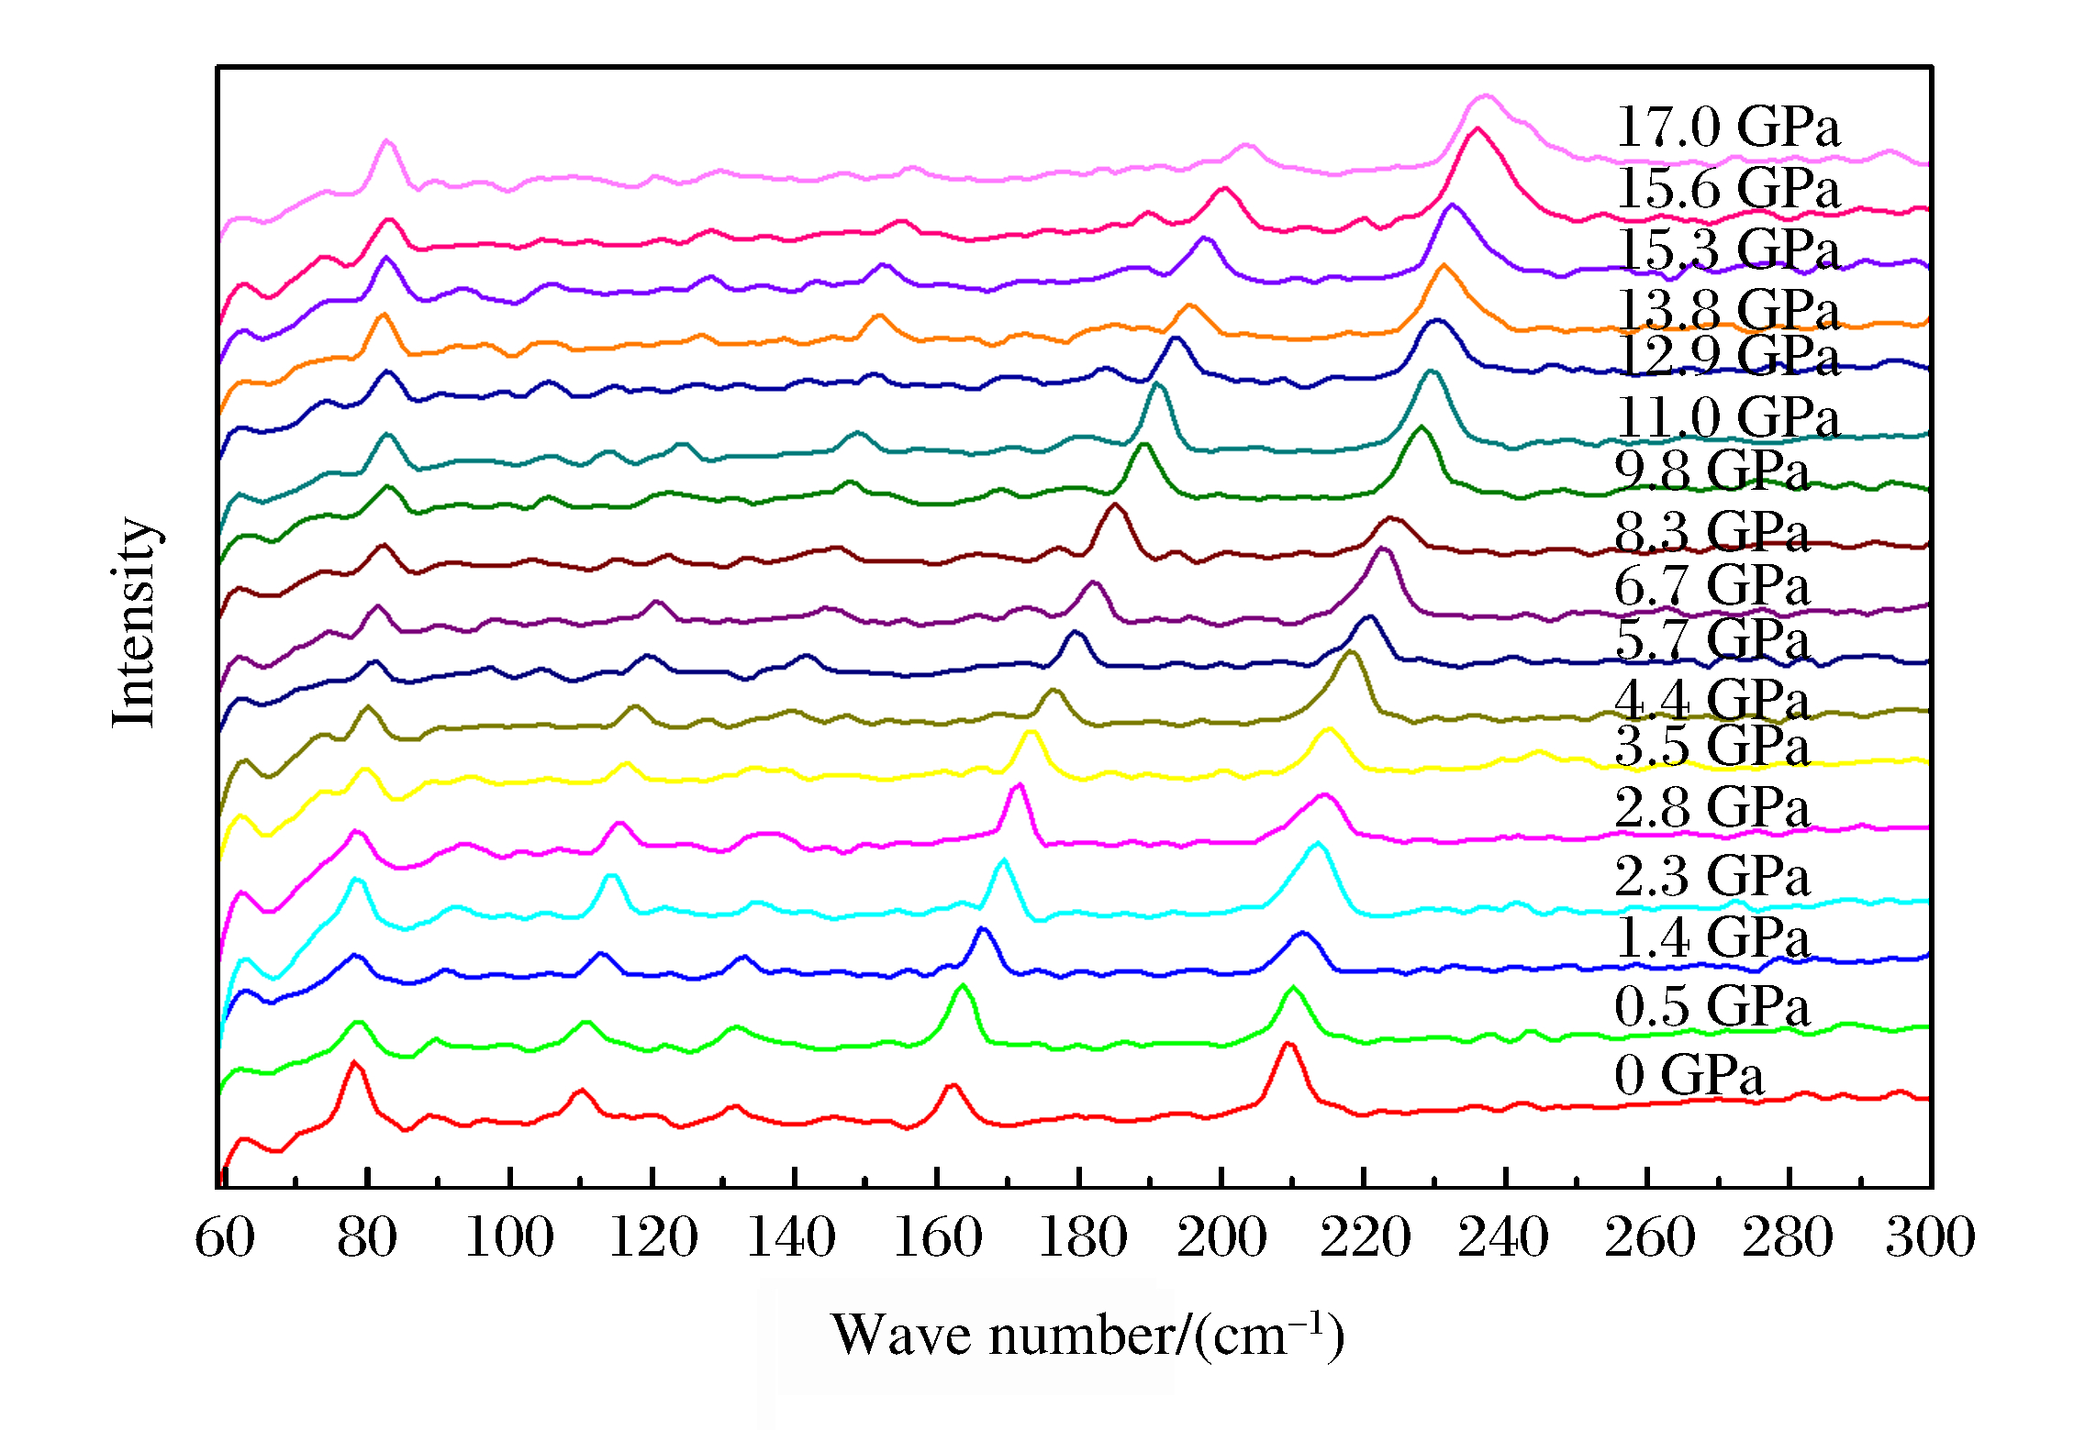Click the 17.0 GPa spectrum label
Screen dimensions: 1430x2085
point(1727,127)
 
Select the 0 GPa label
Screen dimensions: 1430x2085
point(1689,1075)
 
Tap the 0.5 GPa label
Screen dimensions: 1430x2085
point(1711,1006)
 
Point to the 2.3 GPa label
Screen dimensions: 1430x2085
point(1711,875)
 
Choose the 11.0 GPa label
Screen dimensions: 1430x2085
point(1727,417)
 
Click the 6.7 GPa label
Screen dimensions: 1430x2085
point(1711,585)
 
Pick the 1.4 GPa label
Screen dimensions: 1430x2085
point(1711,937)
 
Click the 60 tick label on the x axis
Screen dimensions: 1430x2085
point(224,1237)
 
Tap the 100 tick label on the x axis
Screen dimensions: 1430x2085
point(509,1237)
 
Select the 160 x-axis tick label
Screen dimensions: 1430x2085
point(937,1237)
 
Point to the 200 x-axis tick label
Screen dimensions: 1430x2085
point(1221,1237)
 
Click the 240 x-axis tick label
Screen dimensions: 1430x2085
point(1503,1237)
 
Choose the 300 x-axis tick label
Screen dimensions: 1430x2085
point(1930,1237)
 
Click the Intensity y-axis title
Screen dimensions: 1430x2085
point(135,623)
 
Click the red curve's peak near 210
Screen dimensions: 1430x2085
point(1288,1044)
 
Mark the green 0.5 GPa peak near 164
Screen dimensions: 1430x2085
point(962,985)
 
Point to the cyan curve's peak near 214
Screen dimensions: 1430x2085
point(1318,843)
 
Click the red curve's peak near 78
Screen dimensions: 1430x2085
point(353,1062)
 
